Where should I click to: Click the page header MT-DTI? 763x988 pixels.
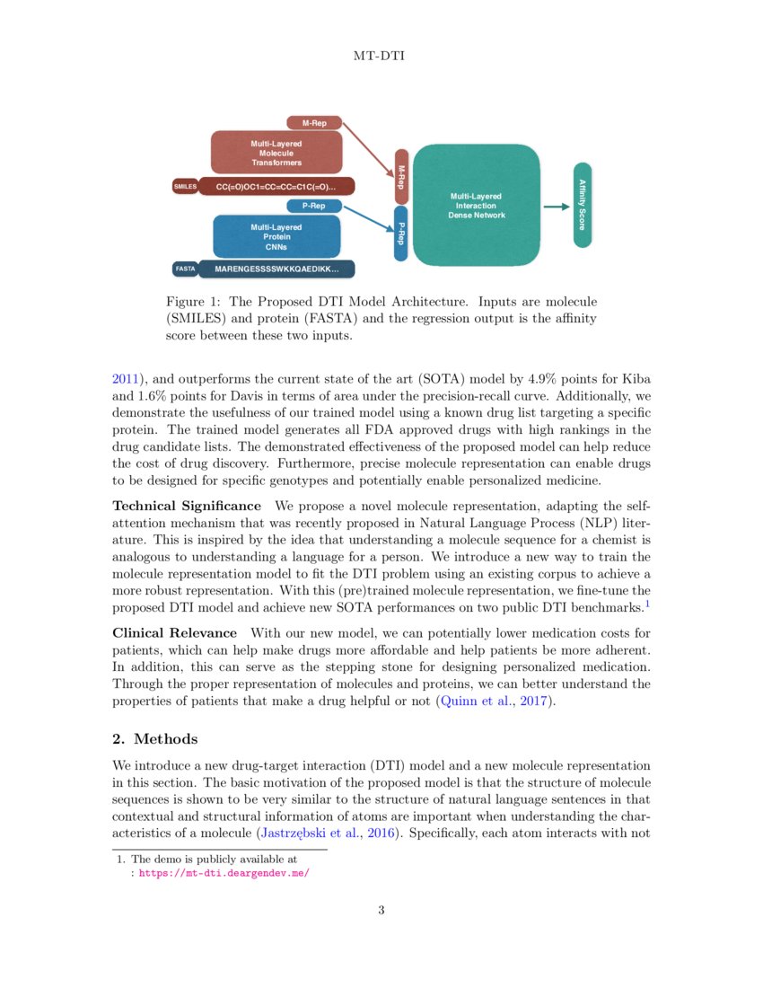point(381,56)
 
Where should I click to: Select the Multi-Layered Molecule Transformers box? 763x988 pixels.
point(276,153)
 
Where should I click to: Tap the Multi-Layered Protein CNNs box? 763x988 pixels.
point(276,236)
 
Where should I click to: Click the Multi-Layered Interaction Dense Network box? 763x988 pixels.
point(477,206)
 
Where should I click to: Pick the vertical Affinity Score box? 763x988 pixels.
point(583,206)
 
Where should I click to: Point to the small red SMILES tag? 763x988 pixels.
point(185,187)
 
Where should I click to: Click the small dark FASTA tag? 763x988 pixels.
point(185,269)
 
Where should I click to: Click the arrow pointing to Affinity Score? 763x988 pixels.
point(557,206)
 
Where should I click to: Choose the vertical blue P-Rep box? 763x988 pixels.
point(401,234)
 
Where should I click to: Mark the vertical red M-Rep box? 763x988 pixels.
point(401,176)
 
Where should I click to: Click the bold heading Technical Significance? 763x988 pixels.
point(187,507)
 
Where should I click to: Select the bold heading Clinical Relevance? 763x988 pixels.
point(174,633)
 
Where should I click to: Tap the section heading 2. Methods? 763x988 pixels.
point(154,738)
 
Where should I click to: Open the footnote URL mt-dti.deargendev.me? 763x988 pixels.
point(224,871)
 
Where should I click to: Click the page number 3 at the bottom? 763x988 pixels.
point(381,911)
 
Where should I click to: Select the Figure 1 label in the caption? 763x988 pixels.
point(193,302)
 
